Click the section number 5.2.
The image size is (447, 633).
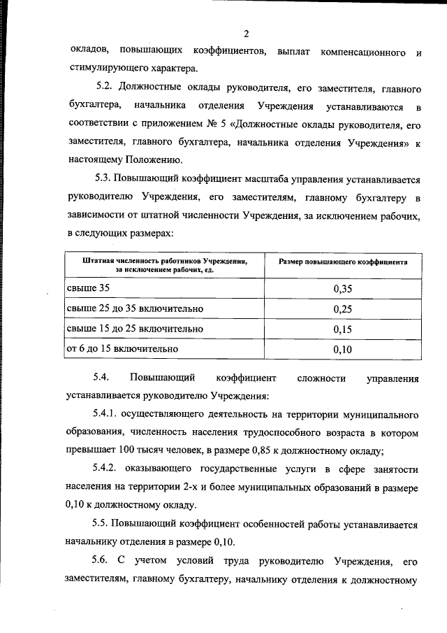(105, 90)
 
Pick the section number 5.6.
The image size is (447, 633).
(103, 560)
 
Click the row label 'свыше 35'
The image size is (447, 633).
(87, 288)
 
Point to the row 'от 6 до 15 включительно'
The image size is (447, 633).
(122, 348)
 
